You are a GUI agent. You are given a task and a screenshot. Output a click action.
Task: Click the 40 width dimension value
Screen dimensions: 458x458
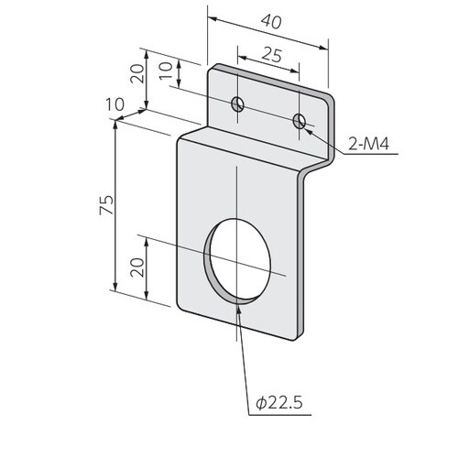(x=271, y=22)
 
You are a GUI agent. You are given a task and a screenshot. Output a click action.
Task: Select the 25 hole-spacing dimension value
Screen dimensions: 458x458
(x=272, y=55)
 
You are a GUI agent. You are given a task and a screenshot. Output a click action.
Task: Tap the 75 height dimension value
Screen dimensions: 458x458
(x=106, y=204)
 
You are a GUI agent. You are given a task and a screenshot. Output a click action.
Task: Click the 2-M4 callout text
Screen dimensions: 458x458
(x=369, y=144)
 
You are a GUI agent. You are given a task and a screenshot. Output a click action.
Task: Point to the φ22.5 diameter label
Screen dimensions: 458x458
(x=279, y=403)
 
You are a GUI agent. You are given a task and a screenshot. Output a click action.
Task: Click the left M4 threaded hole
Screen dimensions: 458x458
(x=237, y=104)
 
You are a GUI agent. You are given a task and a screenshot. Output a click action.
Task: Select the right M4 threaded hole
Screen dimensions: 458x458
(x=300, y=121)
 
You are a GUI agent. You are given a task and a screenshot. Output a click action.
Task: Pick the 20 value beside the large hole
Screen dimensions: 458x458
(x=136, y=267)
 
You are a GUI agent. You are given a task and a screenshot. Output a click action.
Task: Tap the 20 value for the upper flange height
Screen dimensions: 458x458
(x=136, y=74)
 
